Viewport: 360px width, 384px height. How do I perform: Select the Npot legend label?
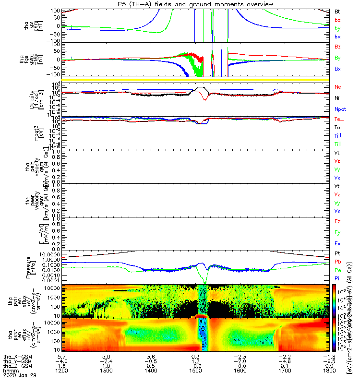click(x=340, y=109)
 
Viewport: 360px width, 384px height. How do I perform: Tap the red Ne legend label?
click(x=338, y=87)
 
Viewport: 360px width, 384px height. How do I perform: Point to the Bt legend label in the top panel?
click(x=337, y=11)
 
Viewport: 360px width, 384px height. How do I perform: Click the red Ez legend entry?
click(x=338, y=221)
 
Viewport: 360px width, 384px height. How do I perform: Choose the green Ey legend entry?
click(x=338, y=232)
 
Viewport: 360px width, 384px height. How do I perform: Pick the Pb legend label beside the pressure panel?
click(x=338, y=262)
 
